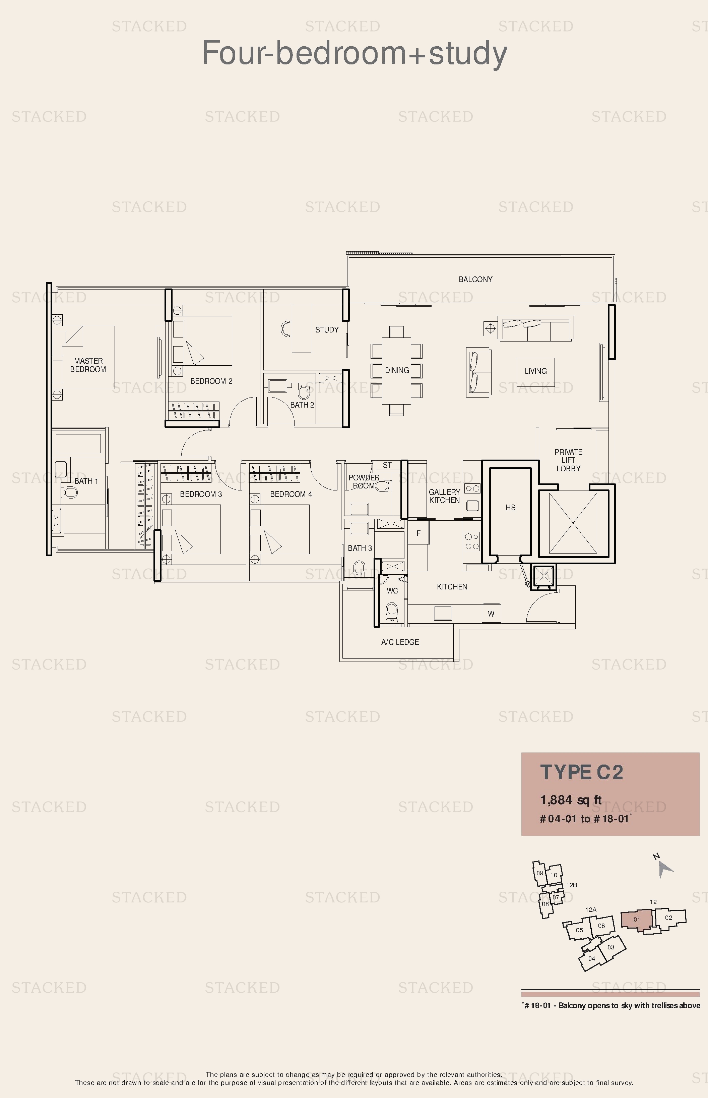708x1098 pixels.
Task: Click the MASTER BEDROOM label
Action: point(88,365)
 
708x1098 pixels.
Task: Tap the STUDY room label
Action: point(327,329)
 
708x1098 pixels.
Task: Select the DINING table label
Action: point(397,370)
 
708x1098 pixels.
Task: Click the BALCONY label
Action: point(475,279)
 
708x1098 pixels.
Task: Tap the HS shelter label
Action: point(510,508)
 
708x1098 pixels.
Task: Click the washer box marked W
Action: point(491,614)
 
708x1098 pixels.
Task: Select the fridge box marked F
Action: point(419,533)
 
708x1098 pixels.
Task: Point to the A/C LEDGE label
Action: point(400,642)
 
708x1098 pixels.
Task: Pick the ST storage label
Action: point(387,465)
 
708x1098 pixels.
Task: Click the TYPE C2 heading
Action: point(582,772)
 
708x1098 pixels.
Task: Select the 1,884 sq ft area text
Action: point(571,800)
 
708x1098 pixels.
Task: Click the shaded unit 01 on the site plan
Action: point(636,920)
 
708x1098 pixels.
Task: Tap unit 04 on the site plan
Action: point(592,958)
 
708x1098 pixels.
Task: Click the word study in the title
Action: point(468,54)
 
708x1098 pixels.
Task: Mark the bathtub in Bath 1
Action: point(78,443)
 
